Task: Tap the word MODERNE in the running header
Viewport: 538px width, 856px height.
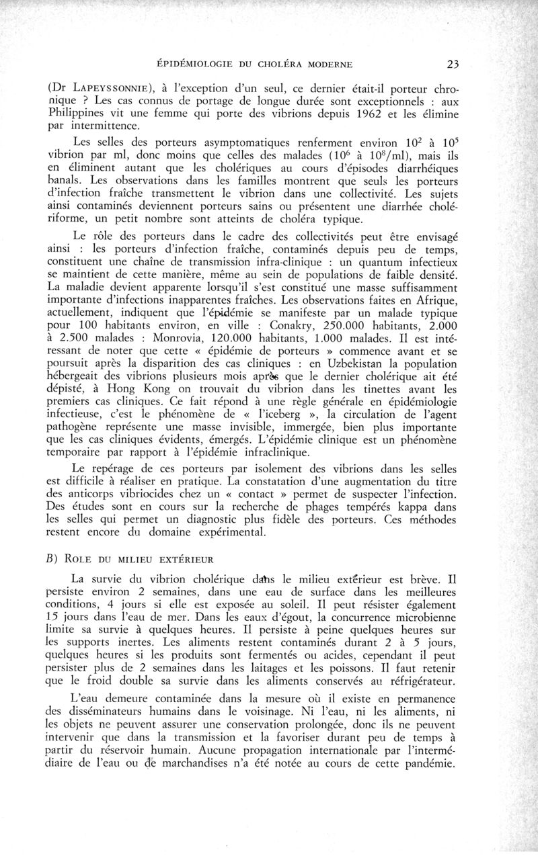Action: point(322,65)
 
